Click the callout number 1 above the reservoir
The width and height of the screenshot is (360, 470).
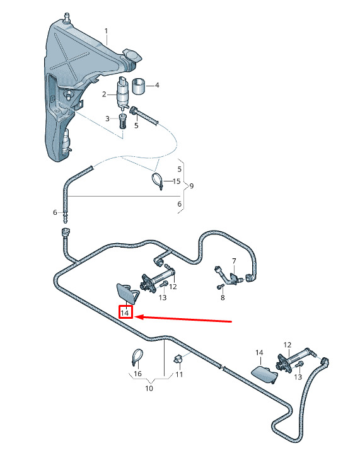pyautogui.click(x=106, y=31)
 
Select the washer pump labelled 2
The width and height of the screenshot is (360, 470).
pyautogui.click(x=123, y=92)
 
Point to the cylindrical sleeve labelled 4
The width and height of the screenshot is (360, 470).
pyautogui.click(x=139, y=86)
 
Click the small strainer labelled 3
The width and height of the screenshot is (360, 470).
pyautogui.click(x=123, y=121)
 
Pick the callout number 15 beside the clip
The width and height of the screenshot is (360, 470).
pyautogui.click(x=177, y=181)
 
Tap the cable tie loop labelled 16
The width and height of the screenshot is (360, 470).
pyautogui.click(x=137, y=357)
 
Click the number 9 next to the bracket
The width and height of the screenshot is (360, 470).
pyautogui.click(x=192, y=186)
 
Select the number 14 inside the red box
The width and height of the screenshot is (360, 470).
pyautogui.click(x=125, y=313)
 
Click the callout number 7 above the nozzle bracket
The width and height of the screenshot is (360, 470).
pyautogui.click(x=234, y=261)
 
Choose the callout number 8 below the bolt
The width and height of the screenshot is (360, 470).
pyautogui.click(x=223, y=297)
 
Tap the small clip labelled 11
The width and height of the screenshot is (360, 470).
pyautogui.click(x=178, y=358)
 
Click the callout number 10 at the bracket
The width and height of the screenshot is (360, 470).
pyautogui.click(x=149, y=388)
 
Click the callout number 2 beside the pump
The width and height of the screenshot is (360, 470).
pyautogui.click(x=104, y=95)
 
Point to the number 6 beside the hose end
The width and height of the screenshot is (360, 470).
pyautogui.click(x=55, y=212)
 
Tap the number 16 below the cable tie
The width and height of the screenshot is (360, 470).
pyautogui.click(x=137, y=374)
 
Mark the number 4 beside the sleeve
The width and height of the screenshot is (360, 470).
pyautogui.click(x=157, y=86)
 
